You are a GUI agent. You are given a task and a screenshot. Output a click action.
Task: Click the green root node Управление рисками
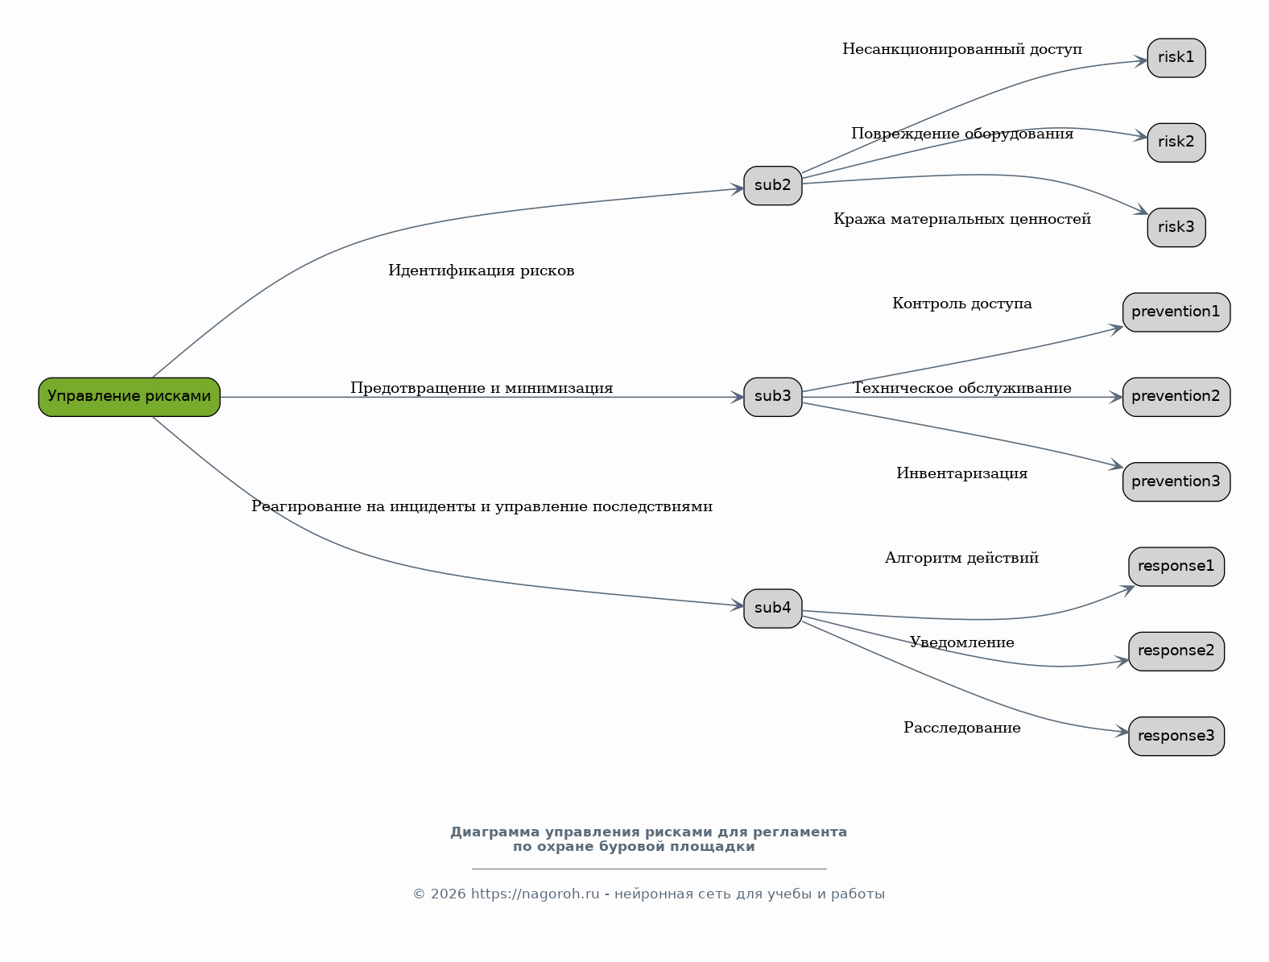(129, 397)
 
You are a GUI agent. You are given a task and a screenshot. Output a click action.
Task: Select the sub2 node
(772, 185)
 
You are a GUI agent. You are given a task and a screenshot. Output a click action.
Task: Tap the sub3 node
(772, 397)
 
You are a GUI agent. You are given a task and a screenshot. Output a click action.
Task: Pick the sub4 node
(772, 609)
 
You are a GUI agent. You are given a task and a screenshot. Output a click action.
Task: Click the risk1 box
(1176, 58)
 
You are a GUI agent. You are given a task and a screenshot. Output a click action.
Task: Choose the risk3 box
(1176, 228)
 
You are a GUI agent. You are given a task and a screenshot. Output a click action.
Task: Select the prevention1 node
(1176, 312)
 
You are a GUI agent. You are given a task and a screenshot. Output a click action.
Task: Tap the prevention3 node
(1176, 482)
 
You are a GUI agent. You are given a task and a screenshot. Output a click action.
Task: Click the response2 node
(1176, 651)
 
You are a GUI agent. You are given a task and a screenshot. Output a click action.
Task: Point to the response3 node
(1176, 736)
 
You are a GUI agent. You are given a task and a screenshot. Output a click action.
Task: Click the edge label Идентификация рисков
(481, 270)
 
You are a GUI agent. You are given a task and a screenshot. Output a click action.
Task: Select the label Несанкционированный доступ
(962, 49)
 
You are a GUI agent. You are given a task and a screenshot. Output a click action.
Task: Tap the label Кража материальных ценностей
(962, 219)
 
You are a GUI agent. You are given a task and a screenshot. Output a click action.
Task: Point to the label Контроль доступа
(962, 303)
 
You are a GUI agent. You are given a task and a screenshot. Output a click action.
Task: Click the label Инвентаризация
(962, 473)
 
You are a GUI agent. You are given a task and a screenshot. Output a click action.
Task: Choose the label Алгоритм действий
(962, 558)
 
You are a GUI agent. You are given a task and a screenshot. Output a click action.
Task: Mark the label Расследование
(962, 728)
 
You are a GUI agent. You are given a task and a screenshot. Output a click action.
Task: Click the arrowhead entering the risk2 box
(1140, 136)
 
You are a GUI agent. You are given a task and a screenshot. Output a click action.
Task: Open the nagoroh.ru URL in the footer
(535, 894)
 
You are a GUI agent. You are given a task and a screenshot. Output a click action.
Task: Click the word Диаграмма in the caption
(495, 832)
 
